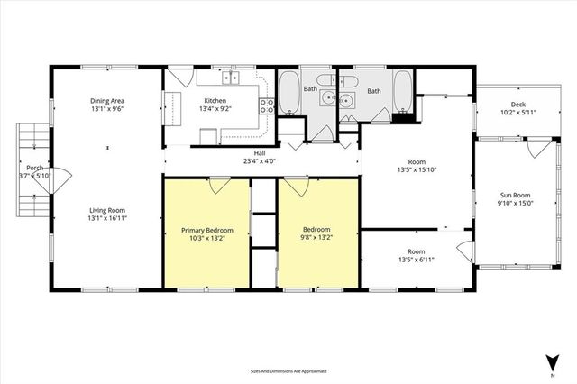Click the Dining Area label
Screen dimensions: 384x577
tap(105, 100)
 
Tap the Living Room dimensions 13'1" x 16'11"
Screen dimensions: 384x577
tap(105, 217)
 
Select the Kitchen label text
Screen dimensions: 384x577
tap(215, 100)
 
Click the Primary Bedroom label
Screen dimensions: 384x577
tap(206, 230)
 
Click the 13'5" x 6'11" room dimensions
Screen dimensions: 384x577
tap(416, 261)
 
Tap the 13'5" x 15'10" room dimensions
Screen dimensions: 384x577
tap(416, 172)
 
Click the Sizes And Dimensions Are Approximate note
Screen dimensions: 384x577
tap(288, 370)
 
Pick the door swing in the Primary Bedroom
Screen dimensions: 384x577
tap(217, 185)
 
